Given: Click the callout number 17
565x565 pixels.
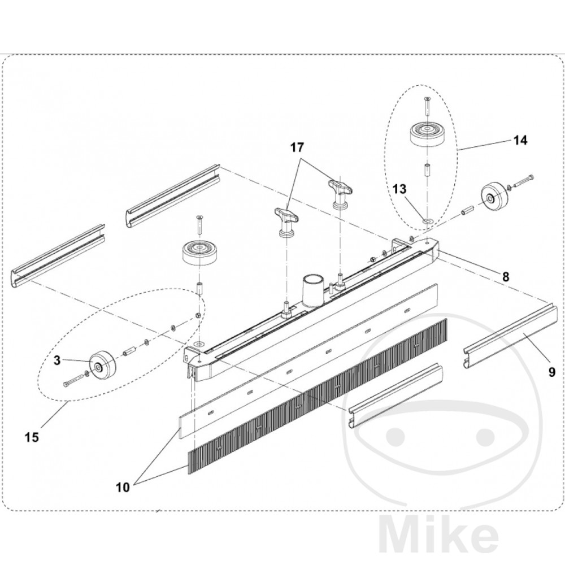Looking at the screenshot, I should click(297, 148).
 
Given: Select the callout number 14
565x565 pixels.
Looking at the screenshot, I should click(520, 141).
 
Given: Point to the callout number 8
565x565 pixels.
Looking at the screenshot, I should click(506, 276).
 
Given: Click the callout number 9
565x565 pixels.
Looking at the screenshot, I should click(551, 372).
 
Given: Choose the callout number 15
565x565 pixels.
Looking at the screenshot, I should click(32, 437).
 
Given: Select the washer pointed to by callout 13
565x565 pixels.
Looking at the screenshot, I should click(427, 219).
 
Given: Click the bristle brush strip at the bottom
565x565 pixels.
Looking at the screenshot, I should click(316, 395).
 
